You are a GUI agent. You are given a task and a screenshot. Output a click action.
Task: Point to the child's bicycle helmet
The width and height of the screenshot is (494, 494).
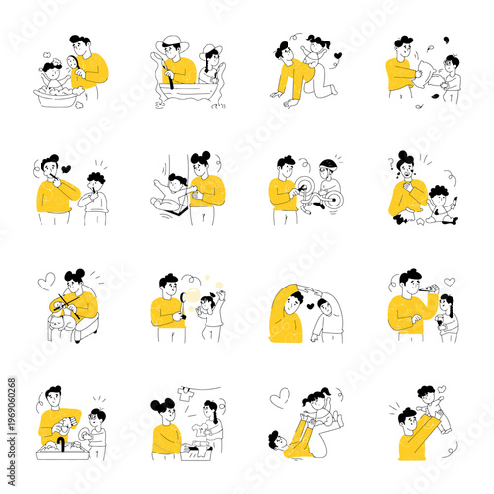click(328, 163)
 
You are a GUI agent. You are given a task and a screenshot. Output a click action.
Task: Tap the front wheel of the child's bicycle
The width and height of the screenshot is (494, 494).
click(332, 199)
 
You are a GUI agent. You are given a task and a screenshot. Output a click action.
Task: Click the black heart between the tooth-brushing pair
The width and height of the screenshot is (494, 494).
click(67, 169)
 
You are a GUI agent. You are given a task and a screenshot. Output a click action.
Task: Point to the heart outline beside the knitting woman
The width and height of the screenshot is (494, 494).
click(44, 282)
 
